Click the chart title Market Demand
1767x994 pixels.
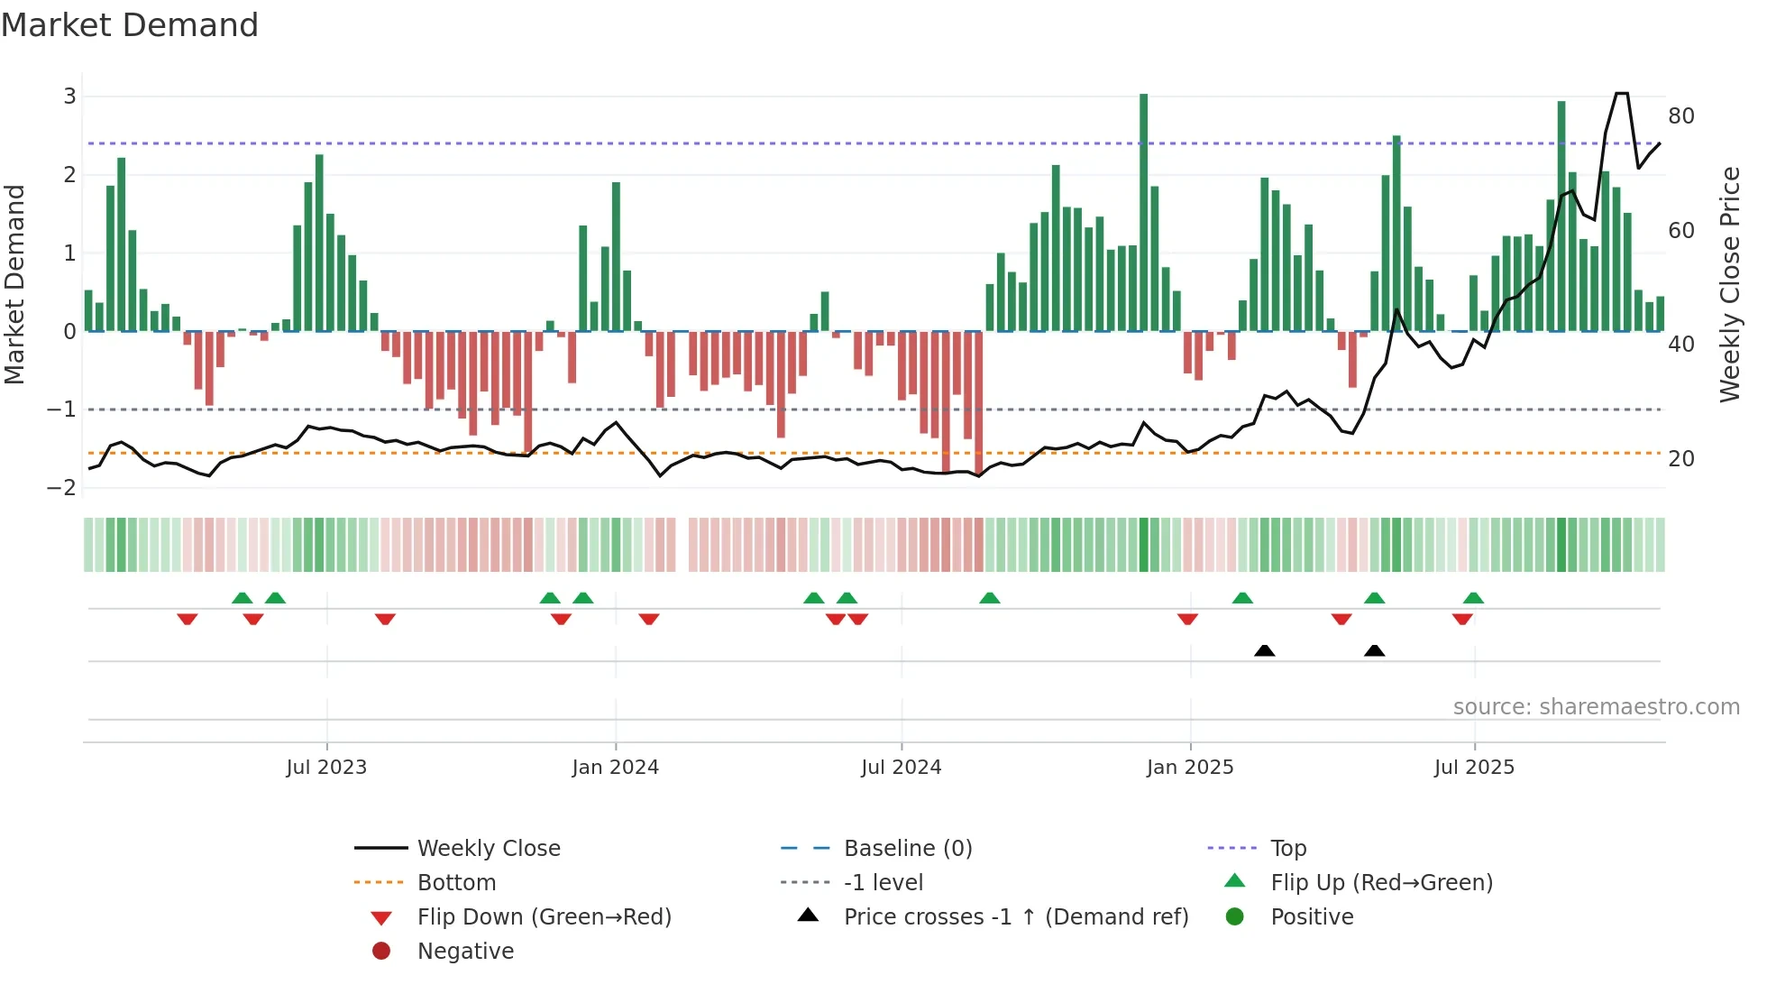point(130,25)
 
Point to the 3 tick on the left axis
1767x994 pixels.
point(69,97)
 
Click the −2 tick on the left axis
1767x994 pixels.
point(62,488)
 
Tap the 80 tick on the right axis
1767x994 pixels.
point(1680,116)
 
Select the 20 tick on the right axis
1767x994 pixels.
point(1680,459)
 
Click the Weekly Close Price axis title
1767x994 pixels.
point(1729,284)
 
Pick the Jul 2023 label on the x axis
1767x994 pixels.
point(326,768)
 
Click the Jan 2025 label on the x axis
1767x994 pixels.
point(1190,768)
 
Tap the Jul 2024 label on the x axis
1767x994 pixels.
point(901,768)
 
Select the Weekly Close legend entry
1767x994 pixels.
point(489,849)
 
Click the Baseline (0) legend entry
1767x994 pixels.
point(908,849)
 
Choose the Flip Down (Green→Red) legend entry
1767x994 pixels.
point(544,917)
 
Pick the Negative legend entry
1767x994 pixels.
point(465,952)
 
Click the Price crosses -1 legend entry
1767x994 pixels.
point(1016,917)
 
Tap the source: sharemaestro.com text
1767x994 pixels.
point(1596,707)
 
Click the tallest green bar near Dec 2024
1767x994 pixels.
point(1143,212)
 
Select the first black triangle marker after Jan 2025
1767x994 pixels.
point(1264,650)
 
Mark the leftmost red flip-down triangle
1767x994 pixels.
point(188,619)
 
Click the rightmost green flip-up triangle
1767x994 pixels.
point(1473,598)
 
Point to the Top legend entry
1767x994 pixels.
point(1288,849)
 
